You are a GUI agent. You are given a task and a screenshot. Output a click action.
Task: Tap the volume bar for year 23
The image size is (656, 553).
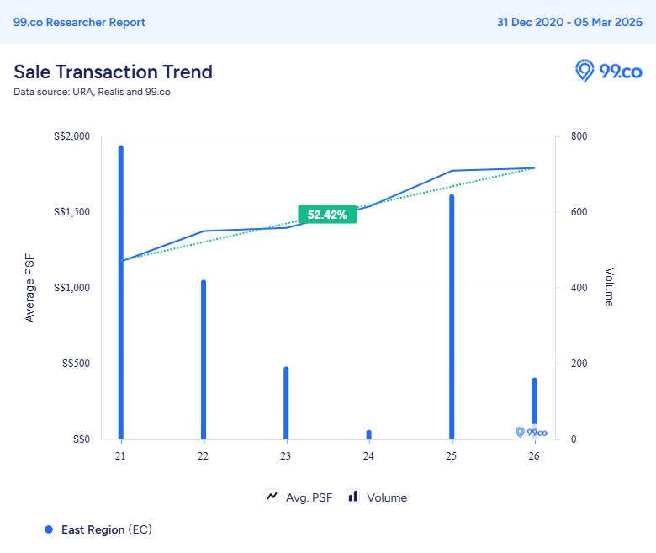(x=286, y=403)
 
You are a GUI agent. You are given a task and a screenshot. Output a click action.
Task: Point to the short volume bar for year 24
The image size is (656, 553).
(x=368, y=434)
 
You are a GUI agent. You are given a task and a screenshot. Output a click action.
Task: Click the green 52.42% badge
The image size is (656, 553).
(x=327, y=215)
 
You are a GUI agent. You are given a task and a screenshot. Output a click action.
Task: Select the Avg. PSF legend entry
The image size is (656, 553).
(x=299, y=497)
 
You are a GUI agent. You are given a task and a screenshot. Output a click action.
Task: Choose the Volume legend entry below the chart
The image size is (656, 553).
(x=378, y=497)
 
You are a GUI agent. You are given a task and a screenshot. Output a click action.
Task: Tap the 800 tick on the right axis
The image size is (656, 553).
(x=580, y=136)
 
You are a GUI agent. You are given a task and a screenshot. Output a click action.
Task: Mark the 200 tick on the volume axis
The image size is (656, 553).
(x=580, y=364)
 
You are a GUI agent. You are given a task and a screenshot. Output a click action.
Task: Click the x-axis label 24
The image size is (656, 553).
(x=368, y=456)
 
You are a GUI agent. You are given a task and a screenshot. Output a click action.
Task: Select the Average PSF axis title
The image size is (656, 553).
(x=30, y=288)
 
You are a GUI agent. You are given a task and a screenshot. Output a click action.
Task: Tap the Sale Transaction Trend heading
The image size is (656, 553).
(x=113, y=72)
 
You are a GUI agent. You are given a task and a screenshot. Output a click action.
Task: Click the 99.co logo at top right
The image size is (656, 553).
(x=608, y=71)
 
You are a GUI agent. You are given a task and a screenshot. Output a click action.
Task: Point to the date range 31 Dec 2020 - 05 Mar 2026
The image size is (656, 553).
(x=569, y=22)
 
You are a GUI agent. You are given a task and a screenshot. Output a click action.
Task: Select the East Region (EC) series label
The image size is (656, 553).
(x=106, y=529)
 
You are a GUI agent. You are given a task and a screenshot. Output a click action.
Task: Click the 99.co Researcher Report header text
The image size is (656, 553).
(x=79, y=22)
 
